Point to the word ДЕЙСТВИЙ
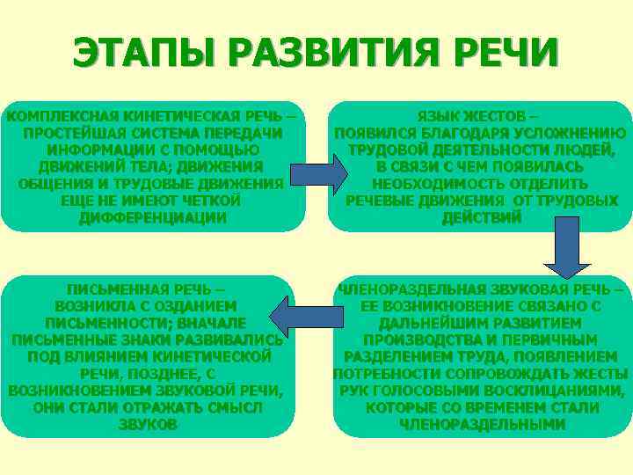479,217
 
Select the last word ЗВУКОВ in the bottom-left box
147,424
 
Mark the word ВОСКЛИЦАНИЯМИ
545,391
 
